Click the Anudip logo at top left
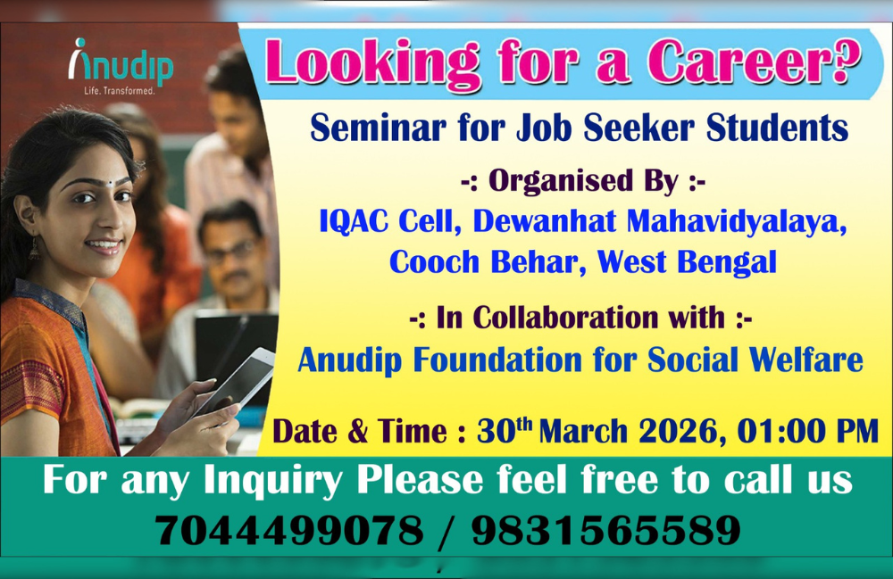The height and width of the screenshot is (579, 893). [x=121, y=64]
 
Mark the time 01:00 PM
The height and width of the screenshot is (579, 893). [x=809, y=432]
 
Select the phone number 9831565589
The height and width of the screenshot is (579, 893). [x=606, y=532]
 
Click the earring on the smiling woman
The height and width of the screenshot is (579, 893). [x=35, y=248]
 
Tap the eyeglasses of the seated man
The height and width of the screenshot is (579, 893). [x=230, y=252]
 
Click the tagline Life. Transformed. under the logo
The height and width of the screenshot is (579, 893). [x=119, y=91]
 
